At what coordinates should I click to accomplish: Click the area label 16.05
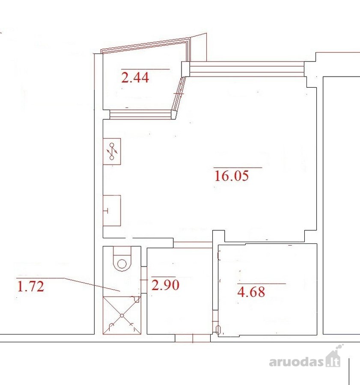pos(232,176)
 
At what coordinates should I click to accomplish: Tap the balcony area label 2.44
pos(135,77)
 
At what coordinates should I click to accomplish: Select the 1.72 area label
pos(31,286)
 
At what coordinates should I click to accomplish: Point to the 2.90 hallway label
pos(165,285)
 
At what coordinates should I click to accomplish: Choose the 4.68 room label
pos(251,292)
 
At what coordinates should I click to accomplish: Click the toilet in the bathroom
pos(122,259)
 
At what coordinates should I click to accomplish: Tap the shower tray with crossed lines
pos(122,315)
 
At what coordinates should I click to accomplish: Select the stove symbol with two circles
pos(112,151)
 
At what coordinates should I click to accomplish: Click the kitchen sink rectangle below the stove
pos(112,210)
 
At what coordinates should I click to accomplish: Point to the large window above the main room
pos(247,69)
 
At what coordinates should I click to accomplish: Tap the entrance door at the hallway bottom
pos(193,338)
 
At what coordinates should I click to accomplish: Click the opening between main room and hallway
pos(193,244)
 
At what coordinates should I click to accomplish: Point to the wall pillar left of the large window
pos(185,69)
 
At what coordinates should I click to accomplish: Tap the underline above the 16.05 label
pos(238,168)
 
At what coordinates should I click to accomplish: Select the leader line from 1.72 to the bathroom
pos(92,284)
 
